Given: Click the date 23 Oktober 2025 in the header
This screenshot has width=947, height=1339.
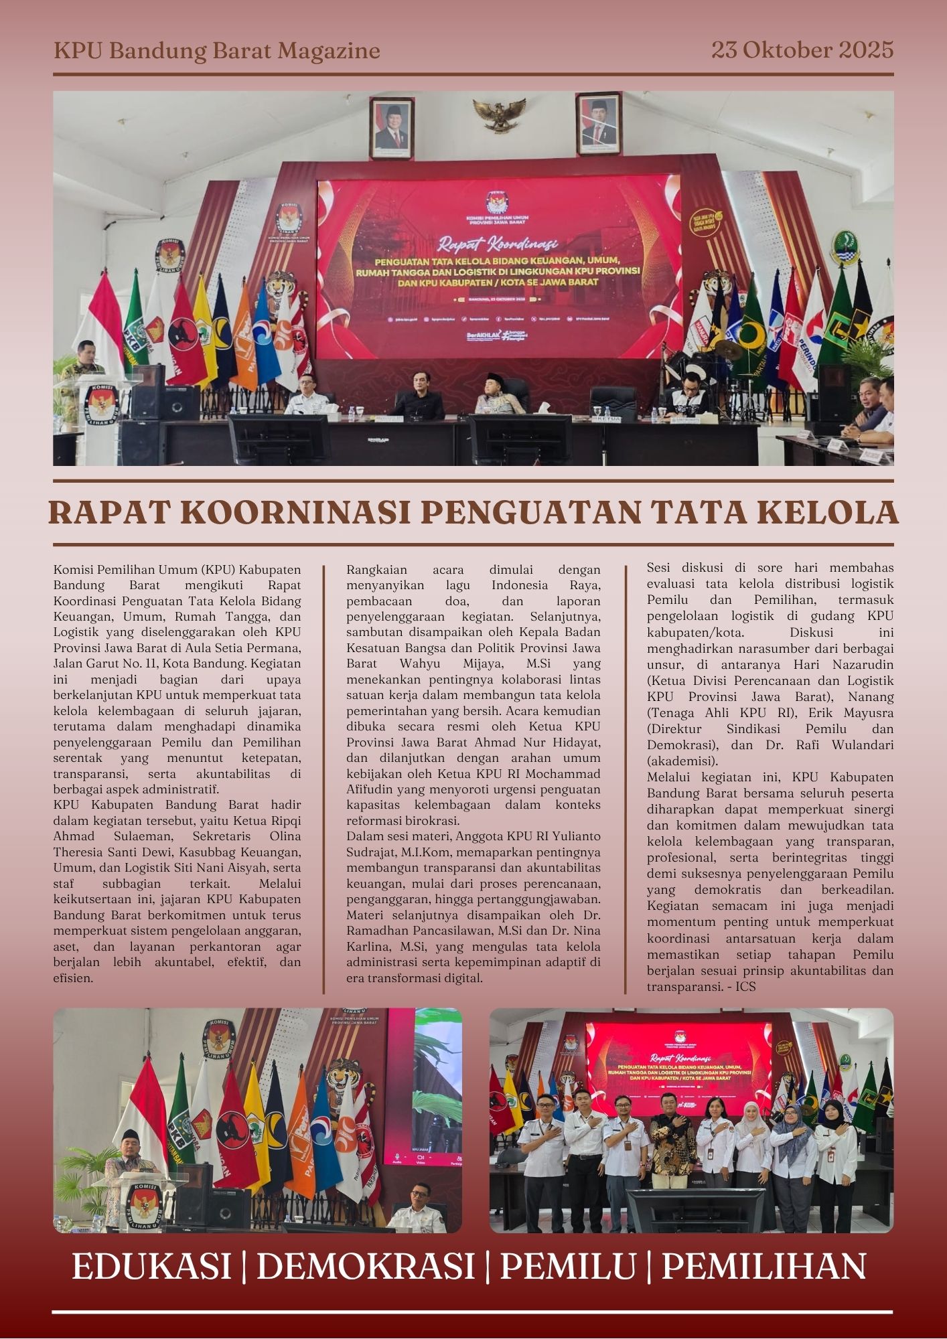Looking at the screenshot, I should tap(802, 50).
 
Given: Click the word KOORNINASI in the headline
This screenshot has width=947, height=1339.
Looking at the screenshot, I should tap(295, 512).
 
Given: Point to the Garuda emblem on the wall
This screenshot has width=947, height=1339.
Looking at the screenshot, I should tap(499, 114).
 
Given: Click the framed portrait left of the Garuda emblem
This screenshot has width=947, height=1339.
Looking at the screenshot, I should tap(391, 127).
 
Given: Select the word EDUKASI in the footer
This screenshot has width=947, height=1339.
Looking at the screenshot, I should tap(151, 1267).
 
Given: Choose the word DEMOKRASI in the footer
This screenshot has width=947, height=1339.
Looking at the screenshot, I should tap(365, 1267).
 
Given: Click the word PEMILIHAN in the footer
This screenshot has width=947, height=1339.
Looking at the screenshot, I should tap(763, 1267).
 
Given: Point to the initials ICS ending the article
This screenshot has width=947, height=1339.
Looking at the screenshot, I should tap(745, 986).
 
